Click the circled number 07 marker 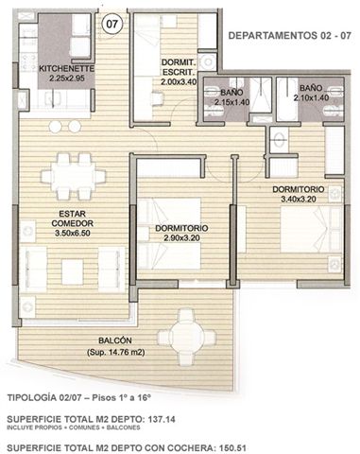click(112, 25)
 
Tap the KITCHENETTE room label click(66, 68)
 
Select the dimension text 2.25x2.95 click(67, 78)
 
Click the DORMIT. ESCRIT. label click(179, 67)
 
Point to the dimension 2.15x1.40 click(231, 102)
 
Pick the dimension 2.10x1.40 click(311, 98)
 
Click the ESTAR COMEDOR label click(73, 218)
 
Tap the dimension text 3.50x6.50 click(73, 234)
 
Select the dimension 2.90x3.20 click(181, 237)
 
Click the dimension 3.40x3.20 click(299, 199)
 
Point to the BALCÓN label click(115, 340)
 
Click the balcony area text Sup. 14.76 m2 click(115, 352)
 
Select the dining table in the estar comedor click(73, 176)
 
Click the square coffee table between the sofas click(73, 271)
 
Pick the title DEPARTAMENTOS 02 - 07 click(289, 35)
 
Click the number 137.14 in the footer click(161, 419)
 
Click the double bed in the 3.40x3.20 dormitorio click(311, 230)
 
